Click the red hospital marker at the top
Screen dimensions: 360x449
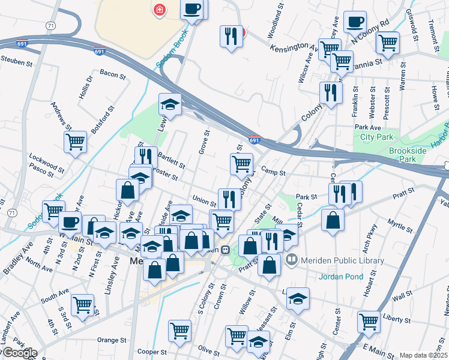pyautogui.click(x=159, y=10)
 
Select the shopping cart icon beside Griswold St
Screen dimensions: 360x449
pyautogui.click(x=388, y=42)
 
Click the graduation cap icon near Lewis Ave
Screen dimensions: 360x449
pyautogui.click(x=170, y=104)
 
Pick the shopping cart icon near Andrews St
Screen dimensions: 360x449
pyautogui.click(x=76, y=142)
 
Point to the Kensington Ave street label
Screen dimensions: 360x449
pyautogui.click(x=294, y=47)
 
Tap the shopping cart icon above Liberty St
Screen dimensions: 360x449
pyautogui.click(x=369, y=321)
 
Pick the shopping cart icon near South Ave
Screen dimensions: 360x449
pyautogui.click(x=82, y=304)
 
